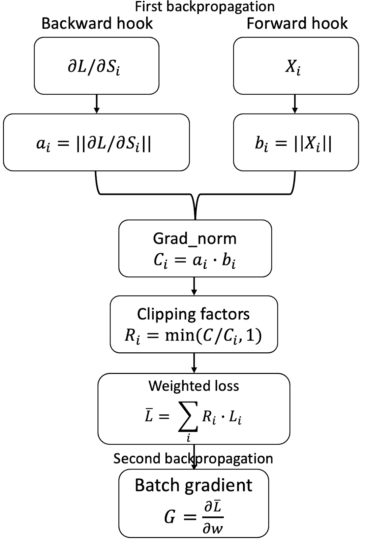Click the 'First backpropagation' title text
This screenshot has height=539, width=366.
pyautogui.click(x=205, y=6)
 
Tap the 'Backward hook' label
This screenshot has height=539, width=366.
pyautogui.click(x=97, y=24)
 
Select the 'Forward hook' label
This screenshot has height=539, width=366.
pyautogui.click(x=297, y=24)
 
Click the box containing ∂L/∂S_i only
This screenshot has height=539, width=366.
pyautogui.click(x=96, y=66)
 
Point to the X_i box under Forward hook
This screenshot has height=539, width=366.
pyautogui.click(x=296, y=66)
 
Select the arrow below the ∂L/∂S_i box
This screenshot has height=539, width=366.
pyautogui.click(x=97, y=104)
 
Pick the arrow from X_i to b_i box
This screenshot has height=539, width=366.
pyautogui.click(x=295, y=104)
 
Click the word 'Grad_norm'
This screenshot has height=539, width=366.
pyautogui.click(x=195, y=239)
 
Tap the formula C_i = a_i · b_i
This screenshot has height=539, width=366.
pyautogui.click(x=195, y=260)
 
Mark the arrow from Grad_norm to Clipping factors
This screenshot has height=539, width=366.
pyautogui.click(x=194, y=286)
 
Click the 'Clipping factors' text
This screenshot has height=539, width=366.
pyautogui.click(x=193, y=314)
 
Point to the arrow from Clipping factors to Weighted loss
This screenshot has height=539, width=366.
pyautogui.click(x=194, y=363)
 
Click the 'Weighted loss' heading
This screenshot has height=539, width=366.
pyautogui.click(x=194, y=386)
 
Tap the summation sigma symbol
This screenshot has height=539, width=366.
pyautogui.click(x=188, y=417)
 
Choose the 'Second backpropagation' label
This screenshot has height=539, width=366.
pyautogui.click(x=193, y=459)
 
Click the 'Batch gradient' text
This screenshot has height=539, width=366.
pyautogui.click(x=193, y=485)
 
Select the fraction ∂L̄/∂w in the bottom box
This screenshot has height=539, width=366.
pyautogui.click(x=213, y=517)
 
